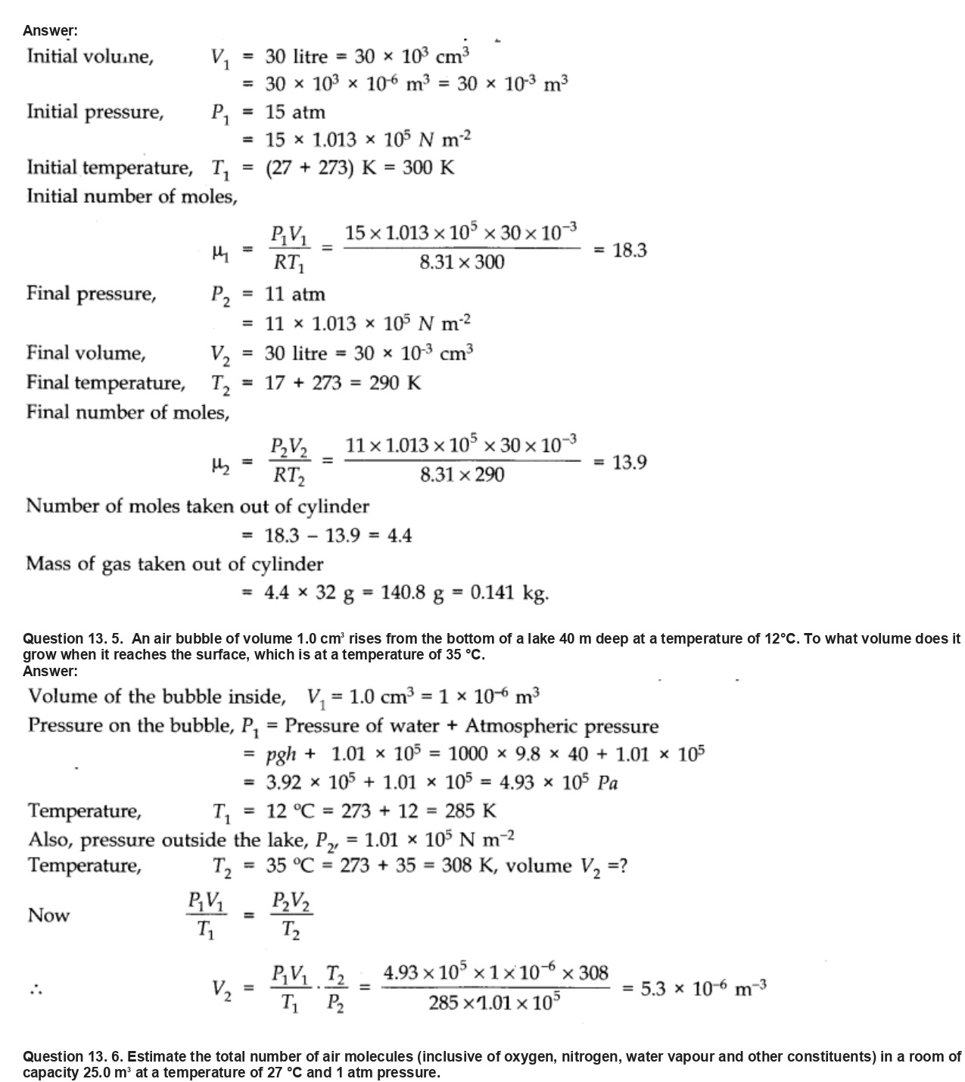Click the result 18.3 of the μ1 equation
[629, 251]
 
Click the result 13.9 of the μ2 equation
[629, 463]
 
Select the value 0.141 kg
[509, 592]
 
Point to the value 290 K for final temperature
[395, 383]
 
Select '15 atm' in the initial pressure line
[295, 113]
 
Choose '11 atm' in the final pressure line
[295, 295]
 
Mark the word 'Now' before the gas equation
[48, 915]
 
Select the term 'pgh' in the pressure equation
[281, 754]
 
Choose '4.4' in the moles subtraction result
[400, 536]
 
